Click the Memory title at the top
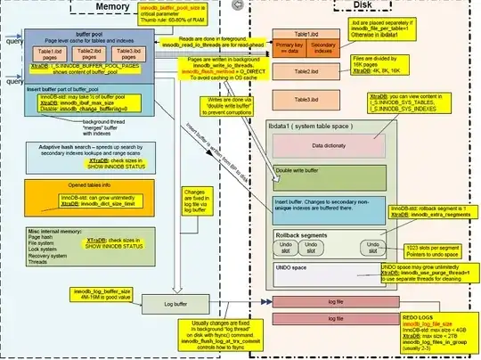point(114,8)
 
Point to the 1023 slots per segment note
point(429,250)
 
